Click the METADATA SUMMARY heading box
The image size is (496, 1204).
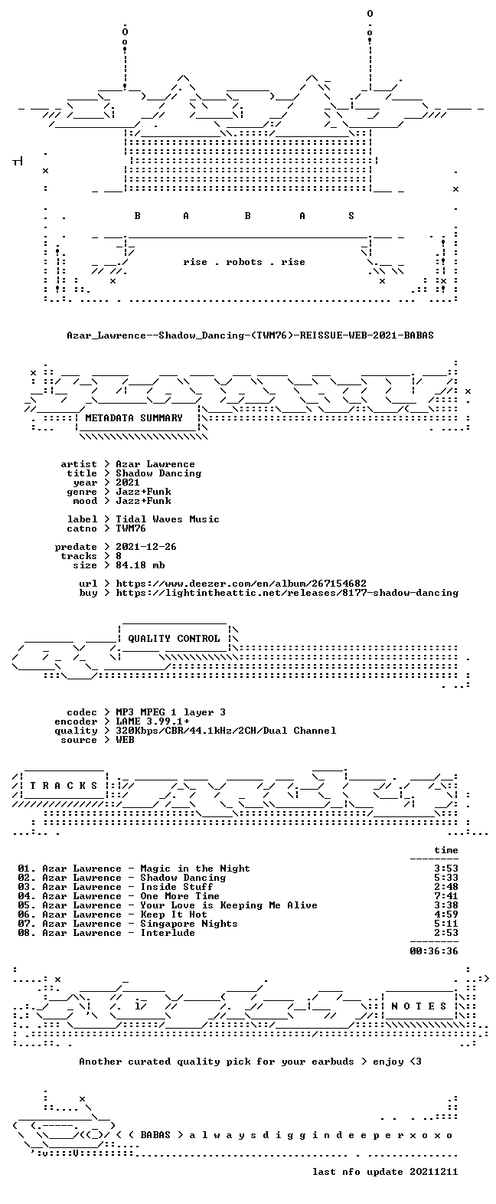point(134,417)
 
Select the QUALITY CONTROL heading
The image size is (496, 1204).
point(174,639)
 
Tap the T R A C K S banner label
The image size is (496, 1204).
point(64,786)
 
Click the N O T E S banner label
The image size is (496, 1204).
point(419,1006)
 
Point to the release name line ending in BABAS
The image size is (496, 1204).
point(250,335)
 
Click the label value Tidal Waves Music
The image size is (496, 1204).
point(168,519)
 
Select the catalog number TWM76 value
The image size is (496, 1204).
point(131,528)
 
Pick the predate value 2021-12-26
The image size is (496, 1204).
point(146,547)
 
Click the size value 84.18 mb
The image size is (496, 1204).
point(140,565)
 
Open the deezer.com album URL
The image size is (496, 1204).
point(241,583)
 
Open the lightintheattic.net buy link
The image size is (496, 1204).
point(287,593)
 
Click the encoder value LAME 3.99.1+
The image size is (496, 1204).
point(152,721)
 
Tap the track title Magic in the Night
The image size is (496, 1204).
point(195,869)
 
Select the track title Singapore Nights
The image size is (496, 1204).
point(188,924)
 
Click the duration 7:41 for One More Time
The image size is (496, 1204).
point(446,896)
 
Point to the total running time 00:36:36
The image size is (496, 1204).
point(434,950)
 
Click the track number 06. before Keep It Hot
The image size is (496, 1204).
point(26,914)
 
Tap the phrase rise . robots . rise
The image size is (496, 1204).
point(244,262)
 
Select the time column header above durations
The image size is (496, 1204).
point(446,850)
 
